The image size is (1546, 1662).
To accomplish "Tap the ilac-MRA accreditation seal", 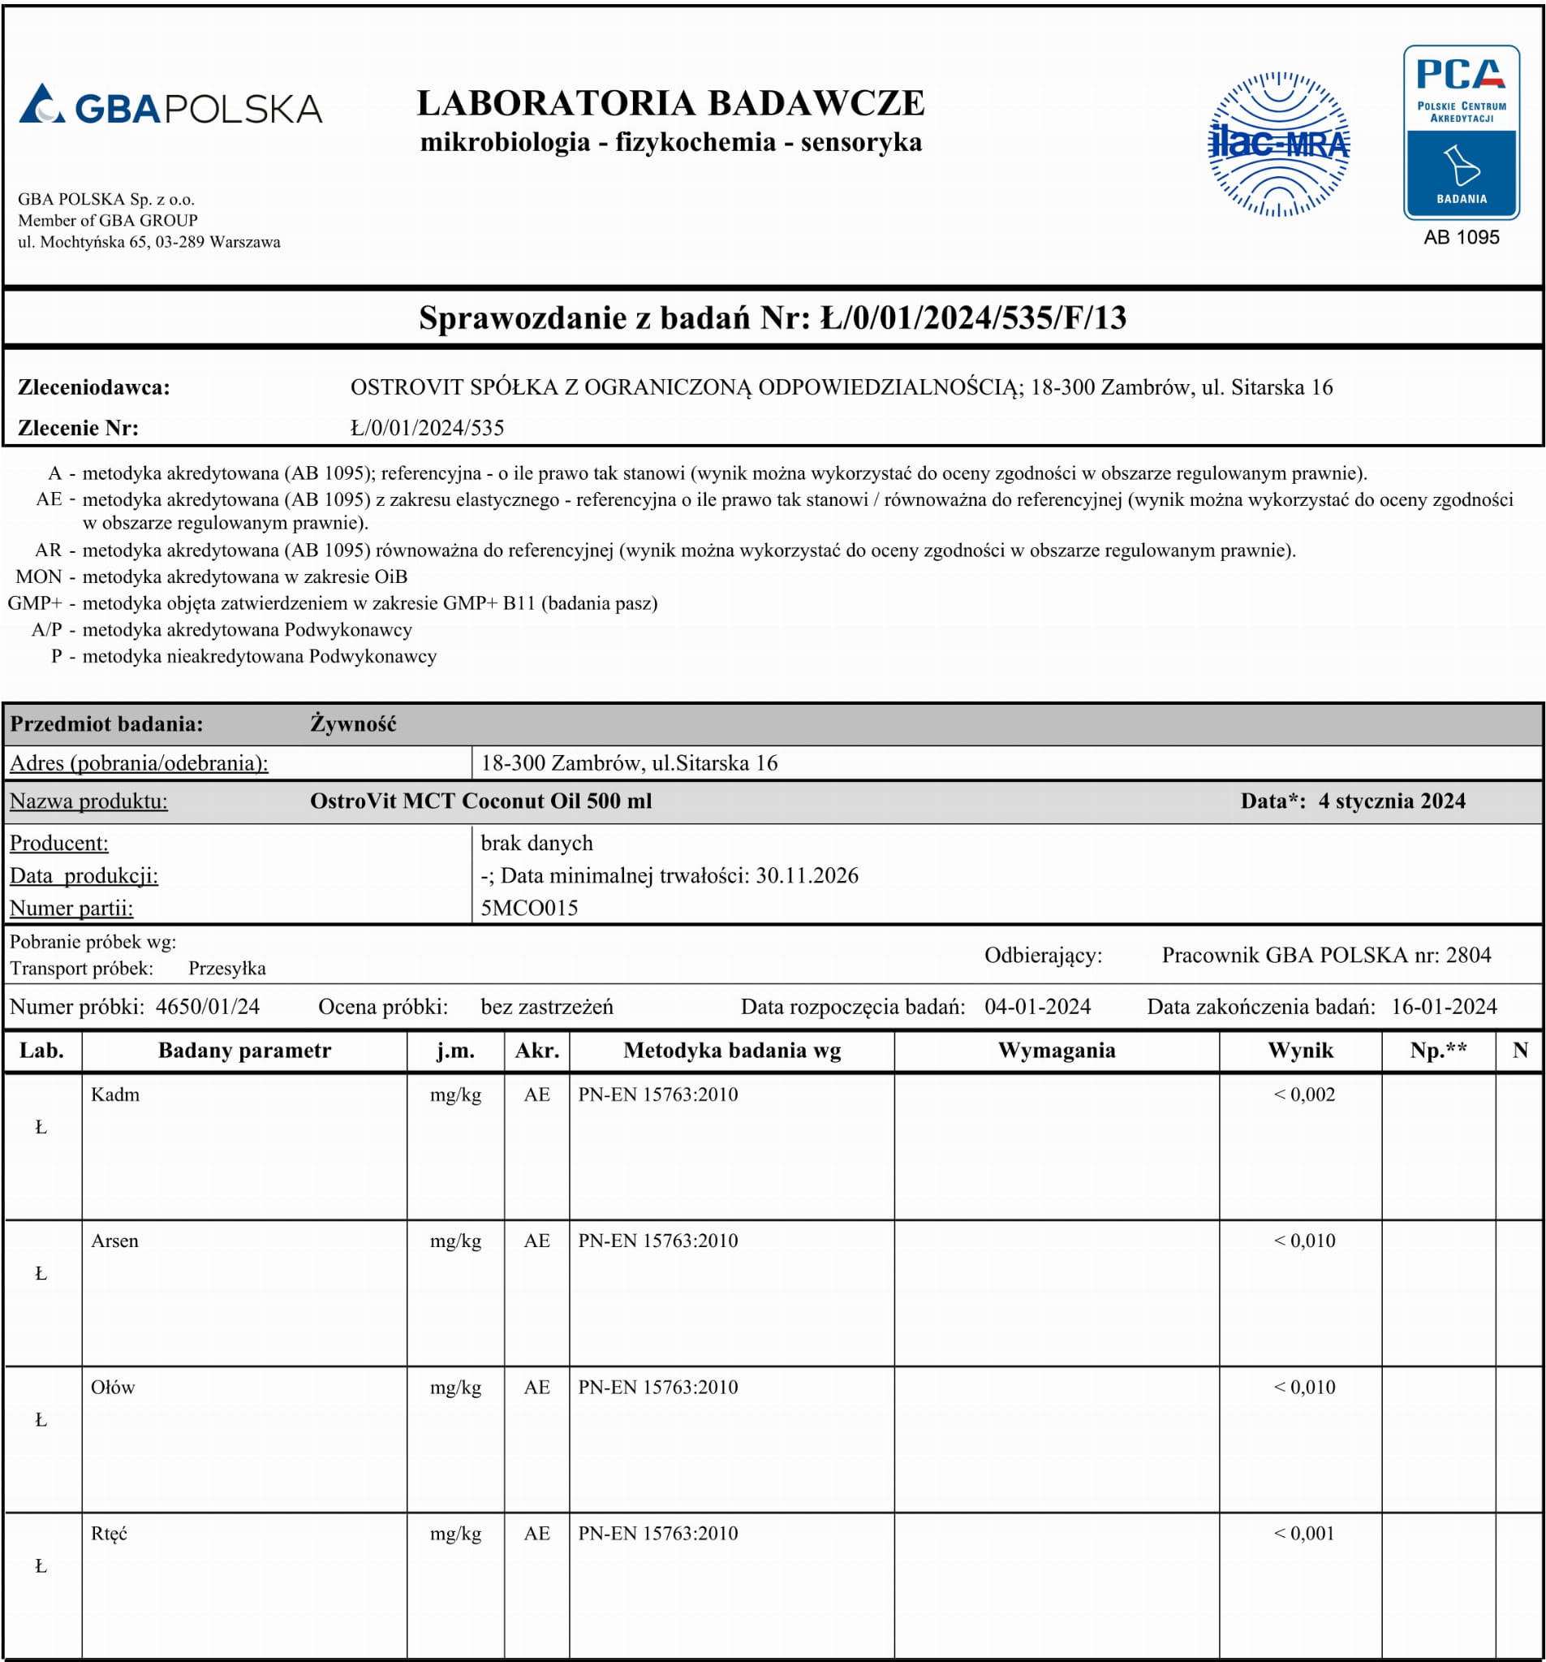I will point(1277,145).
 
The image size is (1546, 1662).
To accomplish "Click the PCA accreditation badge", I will point(1461,132).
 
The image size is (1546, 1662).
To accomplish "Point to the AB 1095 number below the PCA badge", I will point(1461,237).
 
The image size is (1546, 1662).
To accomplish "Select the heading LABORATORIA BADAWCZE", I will point(670,104).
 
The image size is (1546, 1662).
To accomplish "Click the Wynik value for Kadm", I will point(1303,1094).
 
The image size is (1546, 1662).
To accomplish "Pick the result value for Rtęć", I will point(1303,1533).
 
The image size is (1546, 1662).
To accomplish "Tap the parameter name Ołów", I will point(113,1387).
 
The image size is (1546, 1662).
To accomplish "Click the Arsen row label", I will point(114,1241).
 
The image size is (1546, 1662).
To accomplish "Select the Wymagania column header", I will point(1057,1051).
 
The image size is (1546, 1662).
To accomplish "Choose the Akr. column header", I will point(536,1051).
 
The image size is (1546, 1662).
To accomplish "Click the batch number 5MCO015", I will point(529,908).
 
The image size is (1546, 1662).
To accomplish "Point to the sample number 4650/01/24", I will point(207,1007).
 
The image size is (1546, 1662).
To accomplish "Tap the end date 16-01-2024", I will point(1443,1007).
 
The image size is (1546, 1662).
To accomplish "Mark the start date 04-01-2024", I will point(1037,1007).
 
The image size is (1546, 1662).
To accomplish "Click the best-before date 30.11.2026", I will point(807,875).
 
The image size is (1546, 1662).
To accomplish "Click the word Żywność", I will point(353,724).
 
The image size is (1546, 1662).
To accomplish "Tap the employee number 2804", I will point(1468,955).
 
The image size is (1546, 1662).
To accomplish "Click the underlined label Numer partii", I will point(71,908).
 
